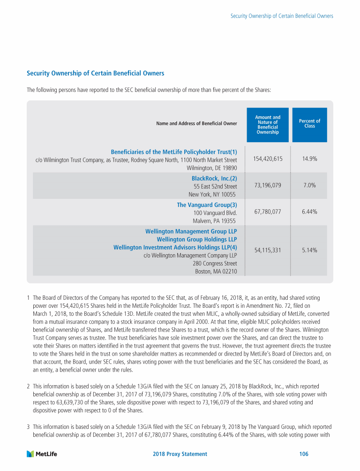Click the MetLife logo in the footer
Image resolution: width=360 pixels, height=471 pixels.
coord(42,454)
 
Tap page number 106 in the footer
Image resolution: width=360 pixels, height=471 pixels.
coord(303,454)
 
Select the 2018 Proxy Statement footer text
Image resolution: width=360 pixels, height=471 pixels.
coord(180,454)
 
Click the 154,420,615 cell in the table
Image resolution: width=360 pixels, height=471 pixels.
coord(268,159)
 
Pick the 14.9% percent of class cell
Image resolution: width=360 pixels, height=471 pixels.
coord(309,159)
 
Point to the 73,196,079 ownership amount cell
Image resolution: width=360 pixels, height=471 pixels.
coord(268,185)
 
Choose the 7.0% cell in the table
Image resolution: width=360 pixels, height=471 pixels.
coord(309,185)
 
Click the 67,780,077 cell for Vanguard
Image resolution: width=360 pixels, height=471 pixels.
coord(268,212)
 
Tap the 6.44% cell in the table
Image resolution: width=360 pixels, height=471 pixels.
coord(309,212)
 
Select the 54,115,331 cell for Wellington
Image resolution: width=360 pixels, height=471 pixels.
coord(268,251)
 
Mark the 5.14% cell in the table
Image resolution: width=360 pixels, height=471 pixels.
coord(309,251)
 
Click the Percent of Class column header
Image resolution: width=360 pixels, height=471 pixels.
coord(309,124)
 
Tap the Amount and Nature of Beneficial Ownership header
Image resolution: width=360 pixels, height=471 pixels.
coord(268,125)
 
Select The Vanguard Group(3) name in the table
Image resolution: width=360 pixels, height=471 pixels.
coord(207,205)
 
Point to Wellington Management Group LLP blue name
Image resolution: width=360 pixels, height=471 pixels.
coord(191,232)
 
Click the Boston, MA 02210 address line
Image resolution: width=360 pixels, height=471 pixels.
coord(216,272)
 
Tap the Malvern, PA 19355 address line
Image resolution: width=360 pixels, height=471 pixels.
coord(215,221)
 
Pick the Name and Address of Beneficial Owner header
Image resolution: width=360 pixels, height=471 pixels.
coord(197,124)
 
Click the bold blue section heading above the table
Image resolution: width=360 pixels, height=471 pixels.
coord(96,74)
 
